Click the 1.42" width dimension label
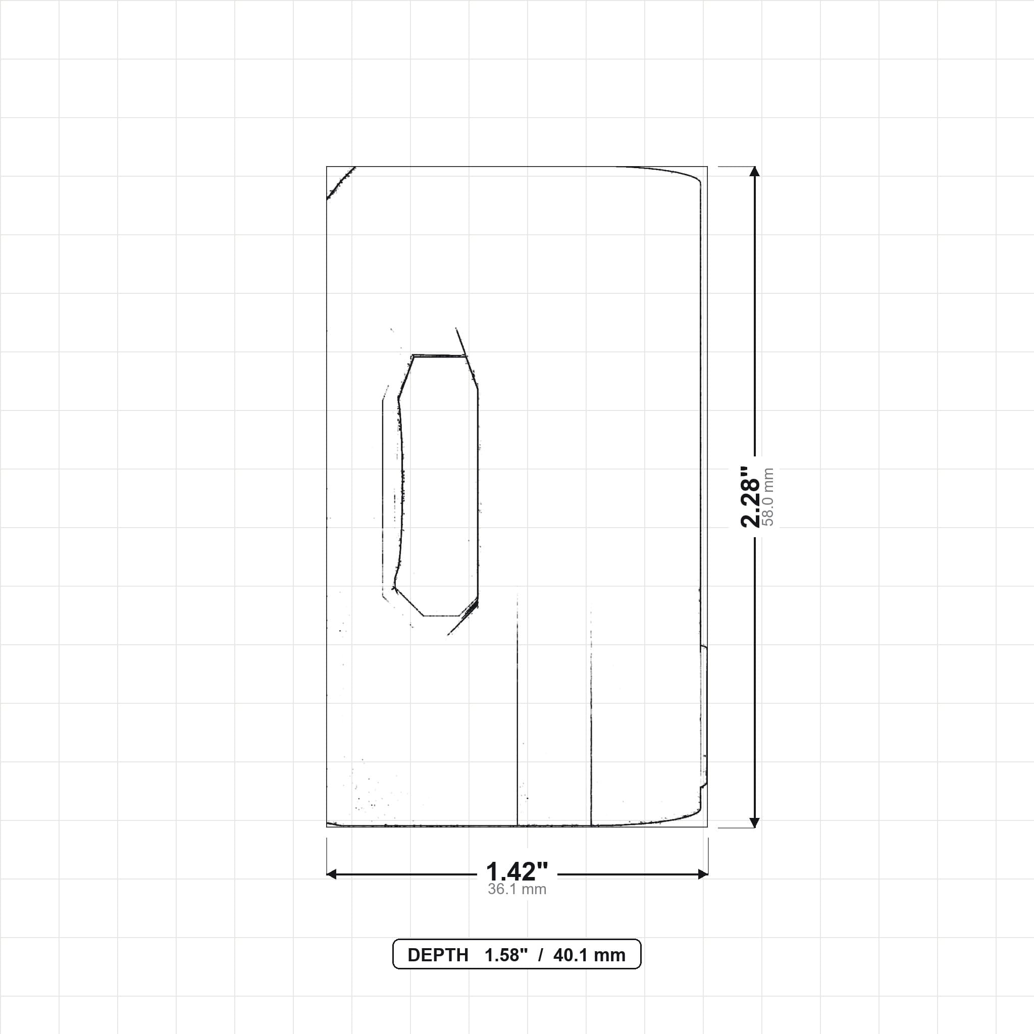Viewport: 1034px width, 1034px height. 516,872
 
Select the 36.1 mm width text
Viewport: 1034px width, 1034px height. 516,890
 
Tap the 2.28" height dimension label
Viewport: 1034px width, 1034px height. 750,497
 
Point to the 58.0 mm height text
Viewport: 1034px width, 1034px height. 768,497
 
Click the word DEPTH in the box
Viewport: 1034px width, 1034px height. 438,955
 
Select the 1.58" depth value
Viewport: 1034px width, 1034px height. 506,955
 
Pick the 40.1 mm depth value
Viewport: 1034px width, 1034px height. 589,955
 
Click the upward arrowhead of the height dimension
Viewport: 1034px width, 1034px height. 755,171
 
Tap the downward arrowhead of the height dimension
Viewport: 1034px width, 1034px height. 755,822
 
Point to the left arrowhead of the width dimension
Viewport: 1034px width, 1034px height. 331,874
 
